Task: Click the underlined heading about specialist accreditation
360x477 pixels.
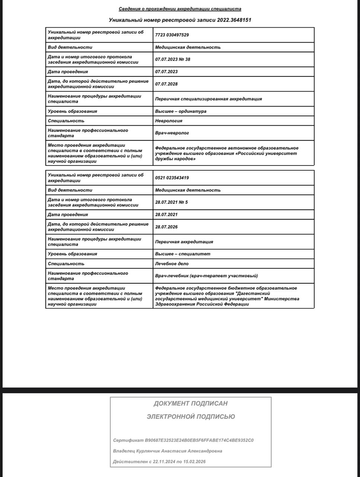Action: click(x=180, y=9)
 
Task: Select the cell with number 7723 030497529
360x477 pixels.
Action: click(x=172, y=35)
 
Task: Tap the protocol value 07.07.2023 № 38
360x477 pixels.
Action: click(x=173, y=59)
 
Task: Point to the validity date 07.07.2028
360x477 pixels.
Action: click(x=166, y=84)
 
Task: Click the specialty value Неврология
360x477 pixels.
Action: click(x=169, y=121)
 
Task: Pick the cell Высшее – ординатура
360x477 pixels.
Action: click(x=181, y=111)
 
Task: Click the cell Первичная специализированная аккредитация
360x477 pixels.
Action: click(x=208, y=99)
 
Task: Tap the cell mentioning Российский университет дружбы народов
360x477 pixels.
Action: click(x=227, y=153)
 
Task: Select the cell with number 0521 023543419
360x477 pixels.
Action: click(x=172, y=178)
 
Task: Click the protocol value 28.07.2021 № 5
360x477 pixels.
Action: click(x=172, y=202)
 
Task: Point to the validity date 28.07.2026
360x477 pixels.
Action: click(x=166, y=227)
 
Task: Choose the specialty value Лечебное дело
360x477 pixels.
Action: click(x=172, y=263)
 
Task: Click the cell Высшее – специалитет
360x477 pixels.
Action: click(x=183, y=254)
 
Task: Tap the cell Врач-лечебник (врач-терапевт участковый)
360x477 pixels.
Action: click(x=207, y=276)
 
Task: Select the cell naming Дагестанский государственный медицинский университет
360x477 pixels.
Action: click(x=227, y=296)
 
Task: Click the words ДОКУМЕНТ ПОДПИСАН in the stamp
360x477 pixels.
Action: click(x=191, y=404)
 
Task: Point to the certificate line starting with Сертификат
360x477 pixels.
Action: click(x=183, y=440)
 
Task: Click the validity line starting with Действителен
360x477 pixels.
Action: click(x=159, y=462)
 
